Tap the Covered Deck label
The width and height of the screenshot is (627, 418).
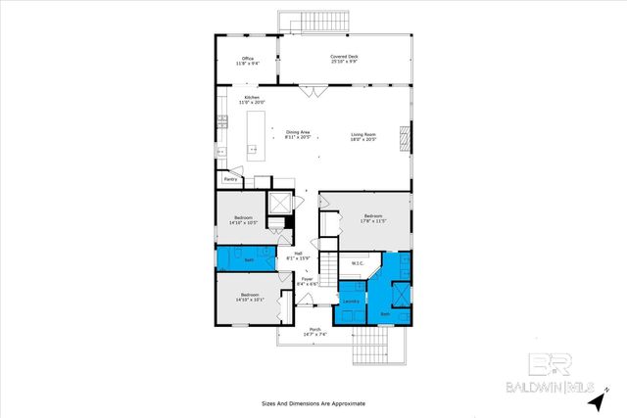[x=343, y=59]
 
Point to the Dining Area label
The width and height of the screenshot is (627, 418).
[x=298, y=135]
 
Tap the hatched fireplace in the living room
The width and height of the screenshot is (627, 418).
[x=402, y=138]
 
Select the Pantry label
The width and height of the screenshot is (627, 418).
[x=231, y=179]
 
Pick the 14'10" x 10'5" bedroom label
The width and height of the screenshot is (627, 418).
[x=244, y=219]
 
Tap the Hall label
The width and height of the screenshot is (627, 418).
[x=298, y=255]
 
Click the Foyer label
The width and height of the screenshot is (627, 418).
[x=307, y=282]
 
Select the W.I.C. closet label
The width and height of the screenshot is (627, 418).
[x=358, y=262]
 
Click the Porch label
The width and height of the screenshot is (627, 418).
[x=315, y=331]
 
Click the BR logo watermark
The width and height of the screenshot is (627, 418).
[x=543, y=364]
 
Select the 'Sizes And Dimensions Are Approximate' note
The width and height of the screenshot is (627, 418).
[x=313, y=402]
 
